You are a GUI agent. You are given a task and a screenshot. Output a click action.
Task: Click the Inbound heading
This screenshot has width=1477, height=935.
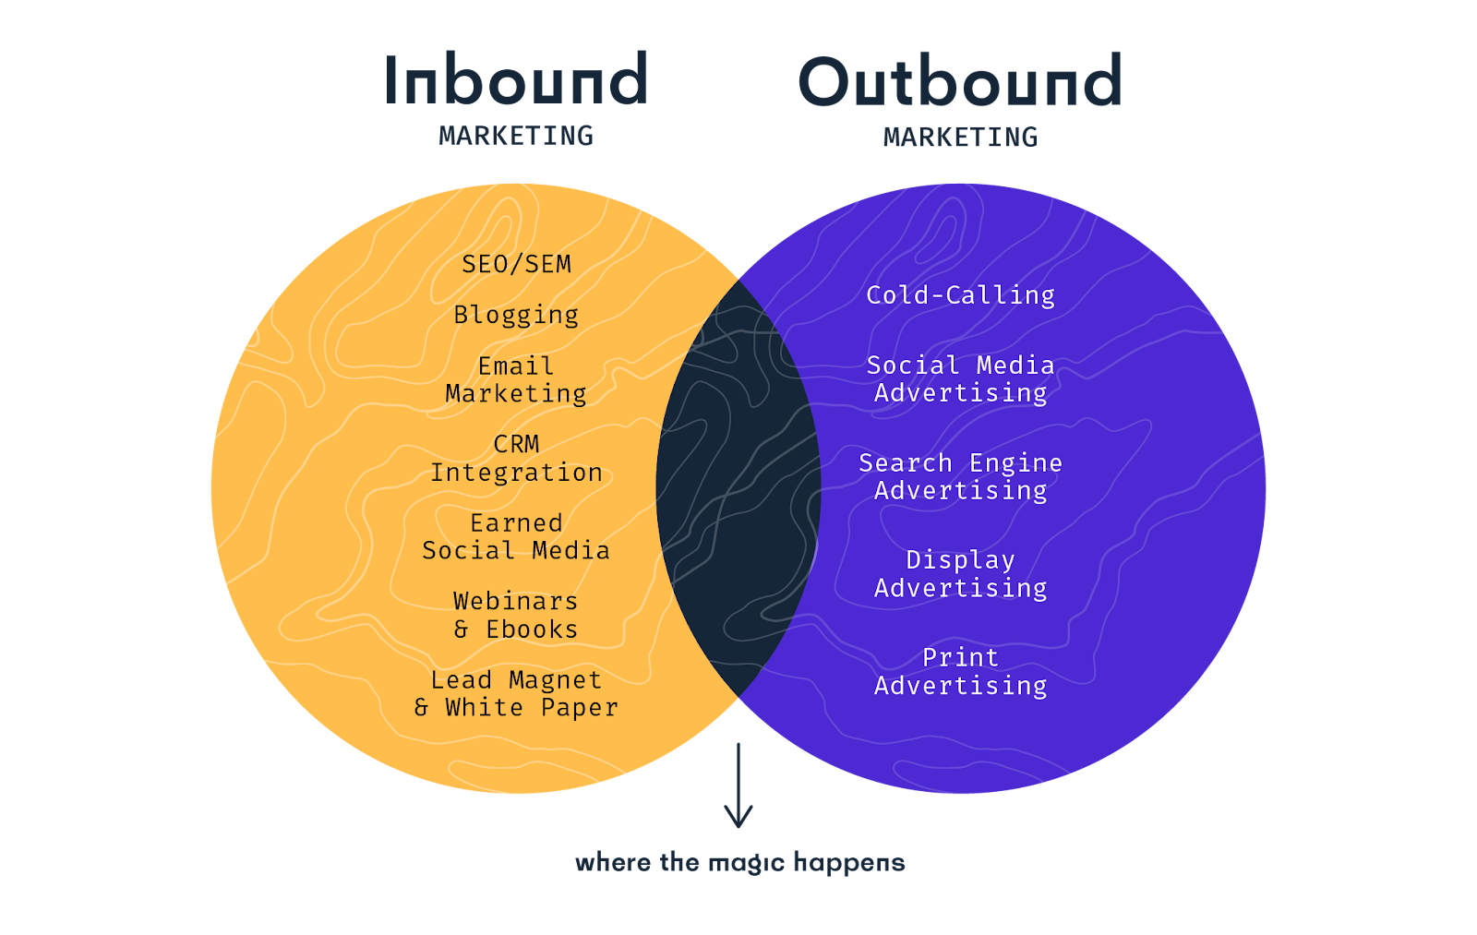click(516, 80)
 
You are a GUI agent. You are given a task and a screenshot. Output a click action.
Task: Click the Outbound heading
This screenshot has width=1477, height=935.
click(960, 81)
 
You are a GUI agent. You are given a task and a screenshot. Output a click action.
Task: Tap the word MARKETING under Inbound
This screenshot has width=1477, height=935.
click(516, 137)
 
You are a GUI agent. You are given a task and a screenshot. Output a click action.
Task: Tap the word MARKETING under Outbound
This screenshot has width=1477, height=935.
click(960, 138)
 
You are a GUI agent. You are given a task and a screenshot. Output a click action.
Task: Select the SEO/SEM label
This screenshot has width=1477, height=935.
click(516, 264)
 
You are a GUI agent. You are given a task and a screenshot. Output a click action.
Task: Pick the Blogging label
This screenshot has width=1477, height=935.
click(516, 315)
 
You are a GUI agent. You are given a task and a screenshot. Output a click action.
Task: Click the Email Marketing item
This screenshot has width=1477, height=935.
click(516, 379)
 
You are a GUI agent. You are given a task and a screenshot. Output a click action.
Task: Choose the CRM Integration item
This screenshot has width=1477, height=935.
click(516, 458)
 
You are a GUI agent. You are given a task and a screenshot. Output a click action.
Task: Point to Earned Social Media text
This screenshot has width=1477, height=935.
click(516, 536)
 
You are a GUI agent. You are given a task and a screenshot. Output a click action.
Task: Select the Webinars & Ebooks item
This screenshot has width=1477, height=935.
click(516, 615)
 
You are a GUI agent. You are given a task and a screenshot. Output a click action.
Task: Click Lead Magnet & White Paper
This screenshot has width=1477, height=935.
click(516, 693)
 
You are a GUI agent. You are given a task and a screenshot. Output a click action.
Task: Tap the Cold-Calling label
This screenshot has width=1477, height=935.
click(960, 295)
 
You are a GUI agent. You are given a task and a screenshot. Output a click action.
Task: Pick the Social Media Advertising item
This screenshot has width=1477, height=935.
click(960, 378)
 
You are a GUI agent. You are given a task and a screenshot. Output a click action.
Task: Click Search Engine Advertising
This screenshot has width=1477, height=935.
click(960, 476)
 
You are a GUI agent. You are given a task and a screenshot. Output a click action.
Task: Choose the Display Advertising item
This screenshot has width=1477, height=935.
click(960, 573)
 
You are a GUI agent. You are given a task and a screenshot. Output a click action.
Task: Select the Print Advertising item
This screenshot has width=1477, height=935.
click(960, 671)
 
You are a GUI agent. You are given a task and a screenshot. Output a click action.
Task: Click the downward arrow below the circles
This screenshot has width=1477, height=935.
click(738, 785)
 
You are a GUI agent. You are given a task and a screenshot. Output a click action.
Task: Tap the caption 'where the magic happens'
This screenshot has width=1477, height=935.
click(739, 863)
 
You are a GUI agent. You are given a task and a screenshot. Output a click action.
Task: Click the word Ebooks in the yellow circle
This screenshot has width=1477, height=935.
click(532, 629)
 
